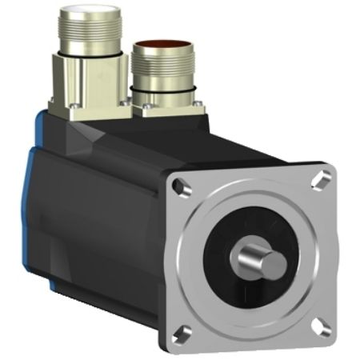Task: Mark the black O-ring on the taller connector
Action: pyautogui.click(x=87, y=55)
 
